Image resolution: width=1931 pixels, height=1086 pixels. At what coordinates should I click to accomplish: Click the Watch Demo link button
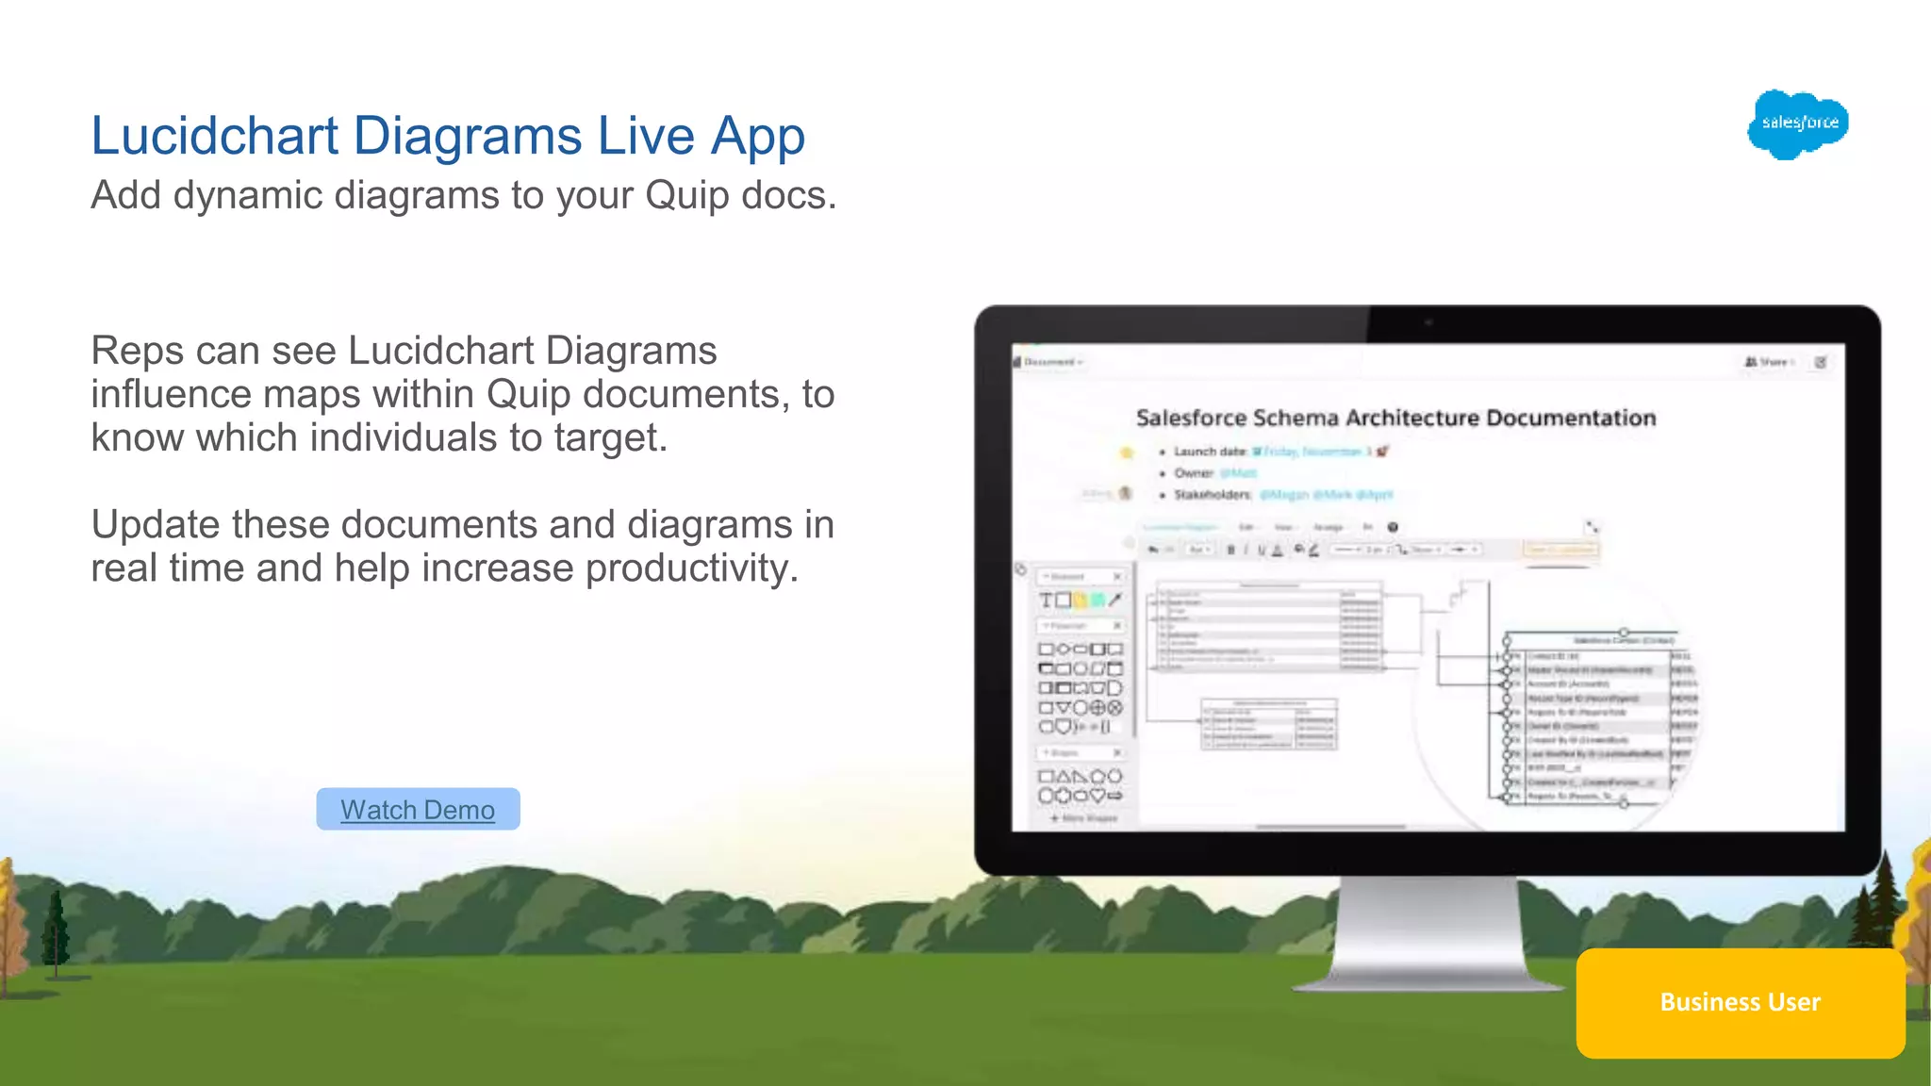pyautogui.click(x=418, y=810)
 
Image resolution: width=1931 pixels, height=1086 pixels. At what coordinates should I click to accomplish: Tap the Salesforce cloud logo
pyautogui.click(x=1798, y=123)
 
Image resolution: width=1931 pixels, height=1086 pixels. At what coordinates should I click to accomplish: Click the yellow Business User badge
pyautogui.click(x=1740, y=1002)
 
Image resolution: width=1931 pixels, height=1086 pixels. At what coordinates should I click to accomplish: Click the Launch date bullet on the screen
pyautogui.click(x=1210, y=452)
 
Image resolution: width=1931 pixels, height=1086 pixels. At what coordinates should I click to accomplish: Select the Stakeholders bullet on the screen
pyautogui.click(x=1212, y=495)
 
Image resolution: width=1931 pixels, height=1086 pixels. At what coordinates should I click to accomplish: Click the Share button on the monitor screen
pyautogui.click(x=1769, y=362)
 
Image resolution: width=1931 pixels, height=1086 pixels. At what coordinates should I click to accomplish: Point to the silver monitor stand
pyautogui.click(x=1428, y=933)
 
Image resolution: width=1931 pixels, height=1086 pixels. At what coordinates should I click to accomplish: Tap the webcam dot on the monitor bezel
pyautogui.click(x=1428, y=322)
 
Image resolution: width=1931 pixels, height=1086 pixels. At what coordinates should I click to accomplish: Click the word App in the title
pyautogui.click(x=757, y=136)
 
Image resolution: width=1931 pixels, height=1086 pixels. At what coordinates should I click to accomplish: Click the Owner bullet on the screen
pyautogui.click(x=1193, y=473)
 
